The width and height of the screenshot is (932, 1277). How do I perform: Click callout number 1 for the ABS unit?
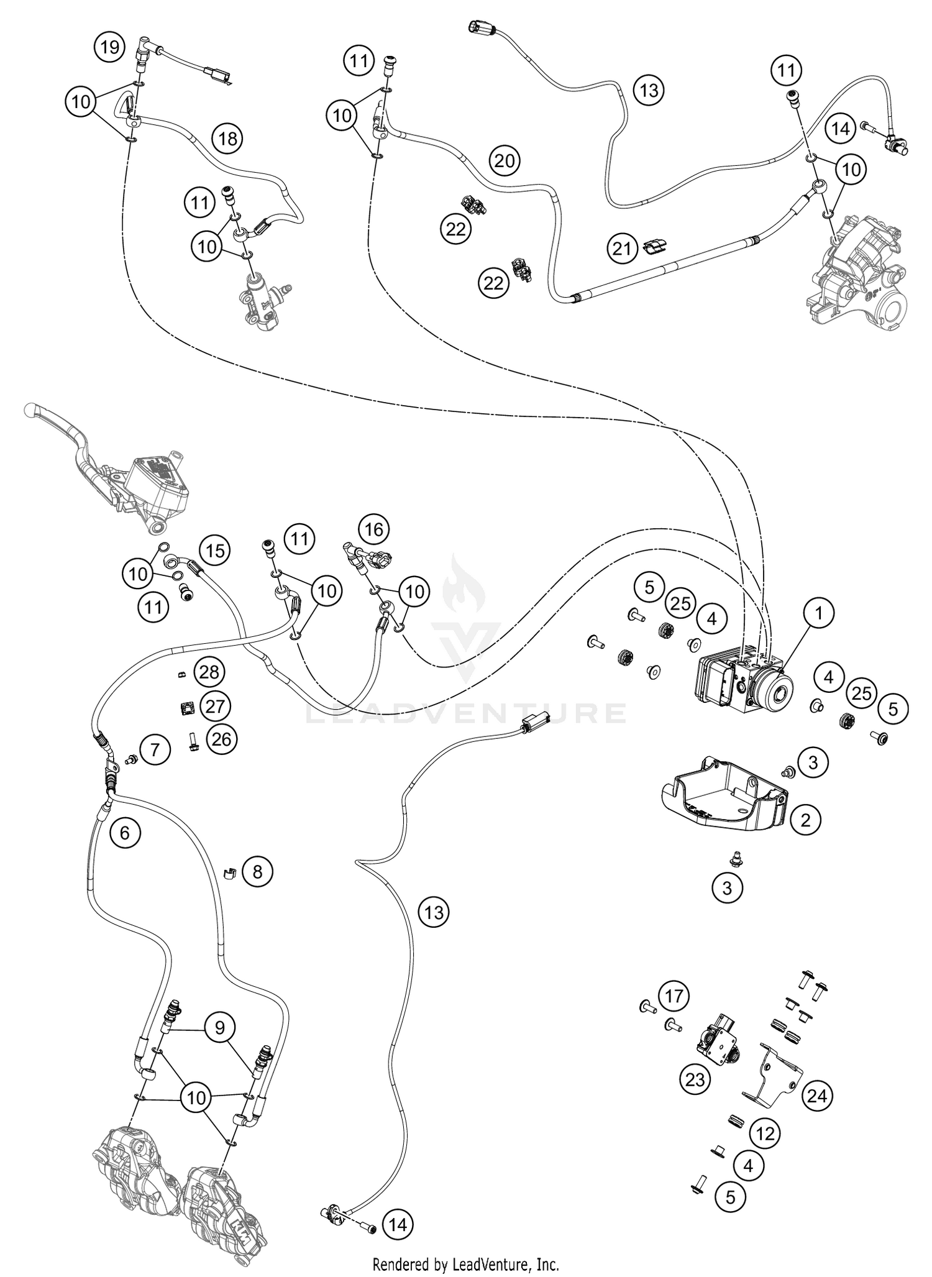818,614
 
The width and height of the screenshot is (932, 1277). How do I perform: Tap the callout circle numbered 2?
805,820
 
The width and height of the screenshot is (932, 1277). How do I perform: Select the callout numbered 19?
109,47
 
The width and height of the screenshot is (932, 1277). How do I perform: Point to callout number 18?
228,138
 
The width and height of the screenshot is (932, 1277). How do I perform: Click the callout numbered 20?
505,161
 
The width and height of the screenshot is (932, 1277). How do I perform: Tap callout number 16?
373,529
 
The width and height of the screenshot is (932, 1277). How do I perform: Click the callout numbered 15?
214,551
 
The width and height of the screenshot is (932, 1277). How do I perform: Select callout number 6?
125,832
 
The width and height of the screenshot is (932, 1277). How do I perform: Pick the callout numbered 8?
257,872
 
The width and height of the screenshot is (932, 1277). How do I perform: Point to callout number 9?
219,1027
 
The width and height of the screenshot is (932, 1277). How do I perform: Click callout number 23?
695,1079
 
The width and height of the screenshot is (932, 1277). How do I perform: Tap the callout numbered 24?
817,1096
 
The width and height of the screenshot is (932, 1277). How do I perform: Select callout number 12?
765,1134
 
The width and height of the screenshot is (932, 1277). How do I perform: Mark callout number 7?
155,751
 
